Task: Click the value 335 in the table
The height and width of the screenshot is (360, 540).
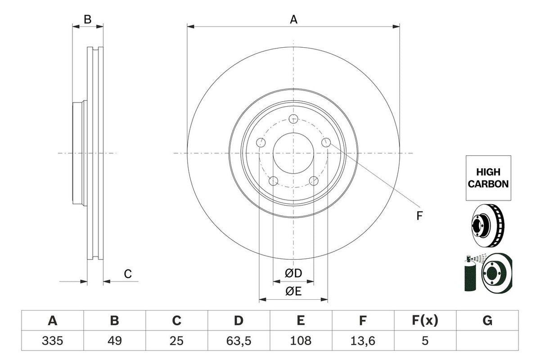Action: coord(53,341)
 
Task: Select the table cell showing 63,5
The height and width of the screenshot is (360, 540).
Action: coord(238,341)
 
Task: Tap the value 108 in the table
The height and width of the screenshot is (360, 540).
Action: coord(301,341)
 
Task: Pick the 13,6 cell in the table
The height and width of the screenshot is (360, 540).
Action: coord(363,341)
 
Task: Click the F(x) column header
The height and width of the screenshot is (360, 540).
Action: coord(424,321)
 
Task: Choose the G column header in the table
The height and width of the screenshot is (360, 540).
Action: coord(487,321)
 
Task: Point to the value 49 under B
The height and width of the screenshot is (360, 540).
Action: coord(115,341)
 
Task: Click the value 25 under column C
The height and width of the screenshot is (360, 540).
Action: coord(176,341)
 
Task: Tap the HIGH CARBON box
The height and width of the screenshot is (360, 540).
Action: coord(488,178)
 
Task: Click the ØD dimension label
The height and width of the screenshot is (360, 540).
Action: coord(293,273)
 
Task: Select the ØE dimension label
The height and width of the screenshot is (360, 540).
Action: coord(293,292)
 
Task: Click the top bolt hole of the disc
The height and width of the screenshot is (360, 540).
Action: coord(293,119)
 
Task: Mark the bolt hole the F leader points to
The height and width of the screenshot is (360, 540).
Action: coord(327,143)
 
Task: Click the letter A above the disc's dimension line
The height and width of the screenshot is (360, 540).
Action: coord(293,19)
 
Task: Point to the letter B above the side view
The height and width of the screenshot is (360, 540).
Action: coord(88,19)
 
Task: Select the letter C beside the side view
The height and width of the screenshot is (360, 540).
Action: coord(128,274)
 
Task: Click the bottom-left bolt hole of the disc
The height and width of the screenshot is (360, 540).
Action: coord(273,181)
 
